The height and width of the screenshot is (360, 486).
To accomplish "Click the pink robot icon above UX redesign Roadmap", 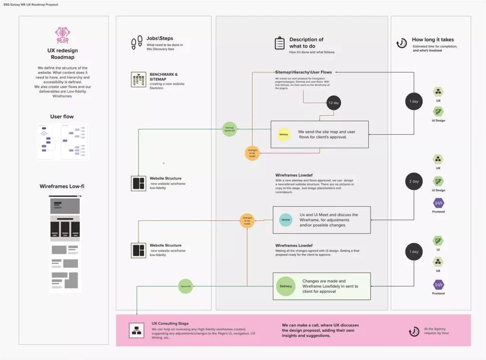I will pyautogui.click(x=63, y=35).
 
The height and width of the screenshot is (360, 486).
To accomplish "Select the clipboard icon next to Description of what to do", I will pyautogui.click(x=280, y=43).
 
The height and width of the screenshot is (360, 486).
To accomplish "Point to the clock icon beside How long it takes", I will pyautogui.click(x=402, y=43).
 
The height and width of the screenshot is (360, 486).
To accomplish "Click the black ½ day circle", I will pyautogui.click(x=333, y=102).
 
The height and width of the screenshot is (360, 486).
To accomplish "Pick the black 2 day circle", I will pyautogui.click(x=414, y=181).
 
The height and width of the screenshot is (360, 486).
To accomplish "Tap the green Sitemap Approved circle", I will pyautogui.click(x=230, y=129).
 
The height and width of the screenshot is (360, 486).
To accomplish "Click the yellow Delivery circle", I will pyautogui.click(x=283, y=134).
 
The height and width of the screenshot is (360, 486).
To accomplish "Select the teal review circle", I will pyautogui.click(x=285, y=220).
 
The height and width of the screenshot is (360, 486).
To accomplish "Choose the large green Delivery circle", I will pyautogui.click(x=286, y=286).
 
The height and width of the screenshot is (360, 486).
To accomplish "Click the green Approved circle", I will pyautogui.click(x=186, y=286).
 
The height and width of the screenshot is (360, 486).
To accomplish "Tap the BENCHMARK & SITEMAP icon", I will pyautogui.click(x=138, y=80).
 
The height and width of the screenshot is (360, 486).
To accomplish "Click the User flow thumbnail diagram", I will pyautogui.click(x=63, y=141).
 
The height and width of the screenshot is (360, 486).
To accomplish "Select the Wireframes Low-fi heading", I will pyautogui.click(x=62, y=186).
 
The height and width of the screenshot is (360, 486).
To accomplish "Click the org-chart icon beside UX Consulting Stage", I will pyautogui.click(x=137, y=330).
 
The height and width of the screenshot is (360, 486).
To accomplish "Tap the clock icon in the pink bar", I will pyautogui.click(x=414, y=332).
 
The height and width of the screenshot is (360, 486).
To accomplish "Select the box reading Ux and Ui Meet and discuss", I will pyautogui.click(x=321, y=220).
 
